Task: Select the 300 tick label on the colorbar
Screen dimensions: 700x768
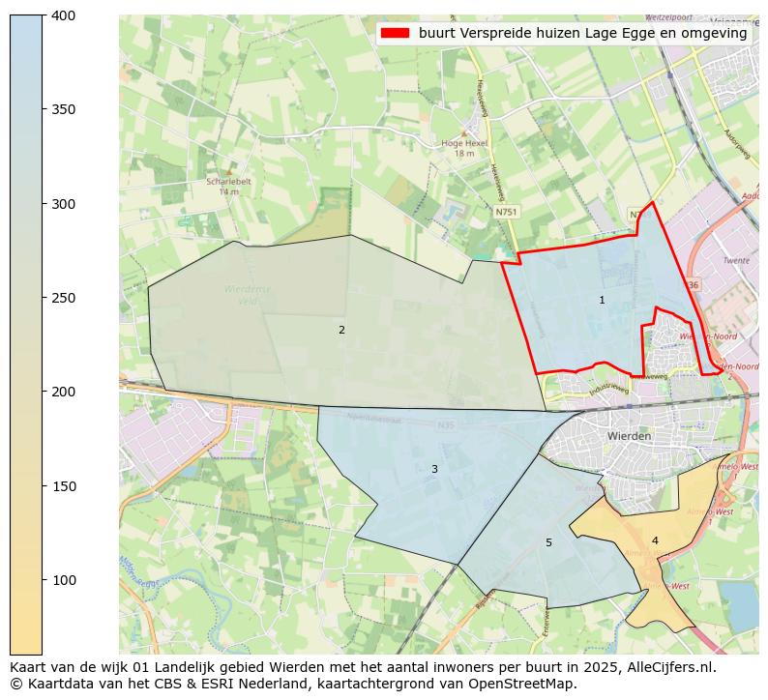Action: pyautogui.click(x=64, y=204)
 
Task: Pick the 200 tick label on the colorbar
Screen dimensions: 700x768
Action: pyautogui.click(x=64, y=392)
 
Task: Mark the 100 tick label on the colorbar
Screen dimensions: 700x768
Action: pyautogui.click(x=64, y=580)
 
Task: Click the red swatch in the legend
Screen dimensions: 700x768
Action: pyautogui.click(x=396, y=33)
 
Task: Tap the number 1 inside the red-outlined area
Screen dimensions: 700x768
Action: pyautogui.click(x=602, y=301)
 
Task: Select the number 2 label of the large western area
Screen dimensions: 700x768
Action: pyautogui.click(x=341, y=331)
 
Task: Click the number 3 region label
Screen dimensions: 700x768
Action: pyautogui.click(x=434, y=470)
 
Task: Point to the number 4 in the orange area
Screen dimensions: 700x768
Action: pyautogui.click(x=655, y=541)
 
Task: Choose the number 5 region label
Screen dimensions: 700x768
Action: pyautogui.click(x=548, y=543)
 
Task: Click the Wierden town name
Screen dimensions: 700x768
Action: pyautogui.click(x=629, y=436)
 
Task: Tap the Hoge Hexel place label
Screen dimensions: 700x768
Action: pyautogui.click(x=464, y=143)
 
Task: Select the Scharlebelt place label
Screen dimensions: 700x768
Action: pyautogui.click(x=228, y=181)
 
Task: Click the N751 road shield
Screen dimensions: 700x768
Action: pyautogui.click(x=505, y=211)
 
